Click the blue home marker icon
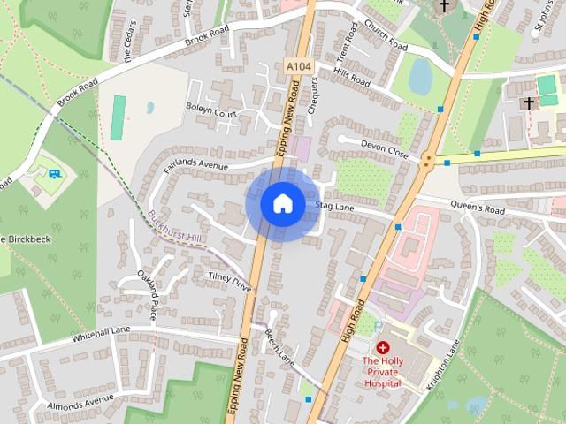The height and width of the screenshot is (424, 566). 282,204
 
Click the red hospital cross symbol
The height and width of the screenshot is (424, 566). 383,348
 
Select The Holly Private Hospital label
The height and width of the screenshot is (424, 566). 383,371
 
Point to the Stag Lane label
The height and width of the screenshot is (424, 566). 333,207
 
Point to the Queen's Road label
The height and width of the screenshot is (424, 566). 477,211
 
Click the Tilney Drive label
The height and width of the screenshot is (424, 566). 229,281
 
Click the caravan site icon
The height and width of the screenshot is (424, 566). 55,173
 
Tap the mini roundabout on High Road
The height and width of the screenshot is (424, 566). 428,161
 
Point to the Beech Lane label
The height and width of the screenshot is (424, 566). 279,347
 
